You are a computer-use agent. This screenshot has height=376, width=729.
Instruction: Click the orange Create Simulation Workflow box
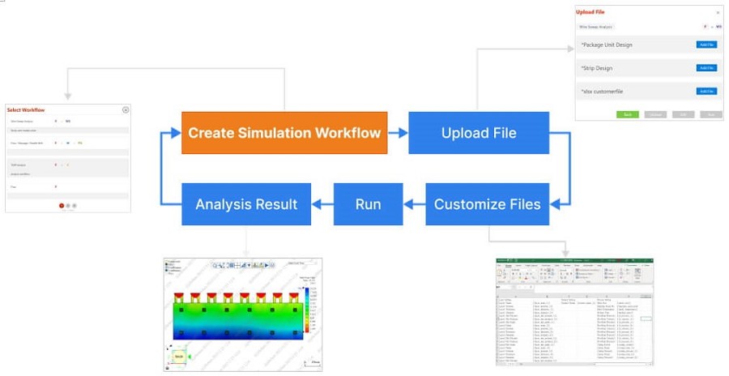(x=284, y=132)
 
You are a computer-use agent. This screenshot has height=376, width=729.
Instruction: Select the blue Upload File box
(x=479, y=132)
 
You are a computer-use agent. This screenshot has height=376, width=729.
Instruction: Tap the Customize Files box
(x=487, y=203)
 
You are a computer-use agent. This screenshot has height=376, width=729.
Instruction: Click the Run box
(x=368, y=203)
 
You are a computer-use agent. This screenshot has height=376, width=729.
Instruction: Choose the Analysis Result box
(x=246, y=203)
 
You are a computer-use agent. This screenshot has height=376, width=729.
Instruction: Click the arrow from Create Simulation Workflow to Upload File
(x=398, y=132)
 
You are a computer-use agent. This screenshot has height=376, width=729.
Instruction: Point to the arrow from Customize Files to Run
(x=414, y=203)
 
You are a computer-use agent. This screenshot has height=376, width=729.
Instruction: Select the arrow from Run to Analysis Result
(x=323, y=203)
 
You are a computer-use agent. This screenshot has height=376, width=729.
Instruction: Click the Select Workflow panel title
(x=26, y=109)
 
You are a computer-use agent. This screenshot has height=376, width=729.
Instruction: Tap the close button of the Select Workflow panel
(x=126, y=109)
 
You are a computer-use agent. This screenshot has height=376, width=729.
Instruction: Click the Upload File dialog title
(x=590, y=12)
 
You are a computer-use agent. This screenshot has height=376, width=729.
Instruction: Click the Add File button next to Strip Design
(x=706, y=68)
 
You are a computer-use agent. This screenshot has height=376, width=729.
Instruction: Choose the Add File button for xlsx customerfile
(x=706, y=92)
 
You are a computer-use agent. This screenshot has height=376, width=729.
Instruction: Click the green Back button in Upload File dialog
(x=628, y=114)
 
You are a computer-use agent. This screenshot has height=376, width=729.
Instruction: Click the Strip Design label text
(x=599, y=68)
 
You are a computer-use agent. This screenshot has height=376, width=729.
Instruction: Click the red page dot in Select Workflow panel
(x=62, y=205)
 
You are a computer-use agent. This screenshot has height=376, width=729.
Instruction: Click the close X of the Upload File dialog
(x=717, y=12)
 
